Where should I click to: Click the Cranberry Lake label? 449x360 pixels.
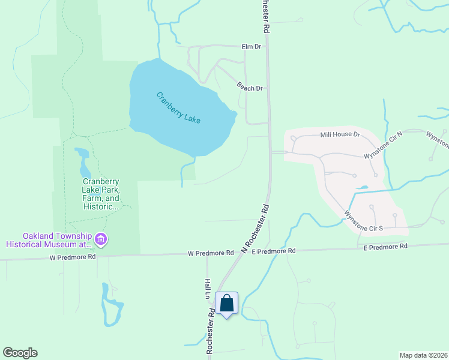[178, 108]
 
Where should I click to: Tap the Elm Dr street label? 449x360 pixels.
[251, 46]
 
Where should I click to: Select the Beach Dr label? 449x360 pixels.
[250, 88]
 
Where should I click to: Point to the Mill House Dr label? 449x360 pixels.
[339, 135]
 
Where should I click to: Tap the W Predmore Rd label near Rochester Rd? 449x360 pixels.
[209, 253]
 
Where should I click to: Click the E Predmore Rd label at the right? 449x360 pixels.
[385, 247]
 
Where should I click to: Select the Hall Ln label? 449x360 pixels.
[206, 290]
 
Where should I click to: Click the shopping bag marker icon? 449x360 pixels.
[227, 303]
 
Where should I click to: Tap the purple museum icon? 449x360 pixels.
[101, 240]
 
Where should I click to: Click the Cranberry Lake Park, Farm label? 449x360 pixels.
[101, 194]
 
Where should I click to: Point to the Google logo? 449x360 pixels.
[20, 353]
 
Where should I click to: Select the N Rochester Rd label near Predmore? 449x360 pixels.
[255, 228]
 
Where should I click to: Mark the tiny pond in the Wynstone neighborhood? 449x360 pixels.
[362, 188]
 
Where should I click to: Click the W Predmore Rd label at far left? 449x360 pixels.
[73, 257]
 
